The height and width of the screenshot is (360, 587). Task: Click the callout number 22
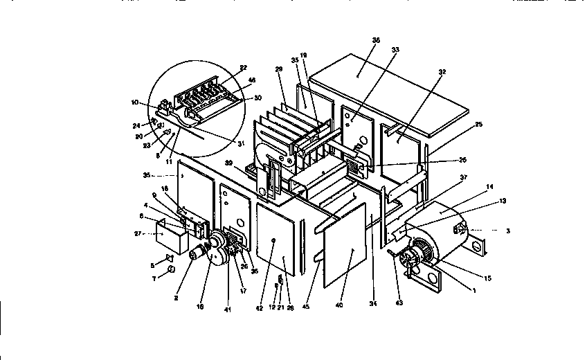point(244,67)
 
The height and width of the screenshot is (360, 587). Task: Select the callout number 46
point(251,81)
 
